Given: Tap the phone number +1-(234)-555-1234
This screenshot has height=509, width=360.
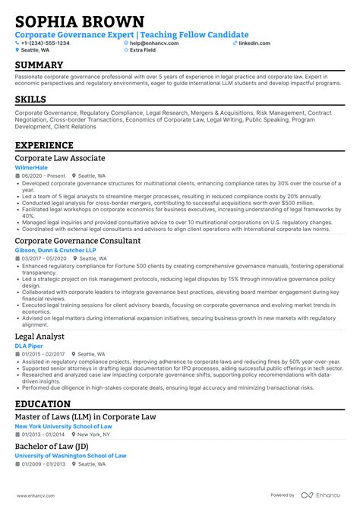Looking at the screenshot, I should click(x=45, y=43).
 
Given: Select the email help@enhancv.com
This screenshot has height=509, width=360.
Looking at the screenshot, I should click(x=154, y=43).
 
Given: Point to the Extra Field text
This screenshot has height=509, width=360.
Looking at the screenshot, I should click(x=145, y=50).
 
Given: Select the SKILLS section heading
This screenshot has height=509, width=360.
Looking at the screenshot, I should click(x=30, y=100).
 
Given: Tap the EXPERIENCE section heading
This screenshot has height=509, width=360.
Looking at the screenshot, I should click(x=44, y=144).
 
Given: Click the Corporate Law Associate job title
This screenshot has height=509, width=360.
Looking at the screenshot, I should click(x=60, y=158).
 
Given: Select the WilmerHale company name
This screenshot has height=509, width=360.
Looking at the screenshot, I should click(x=32, y=167).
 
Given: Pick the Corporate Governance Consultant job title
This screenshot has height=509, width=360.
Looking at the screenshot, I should click(x=77, y=241).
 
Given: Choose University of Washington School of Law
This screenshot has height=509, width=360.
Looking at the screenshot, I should click(x=71, y=456).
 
